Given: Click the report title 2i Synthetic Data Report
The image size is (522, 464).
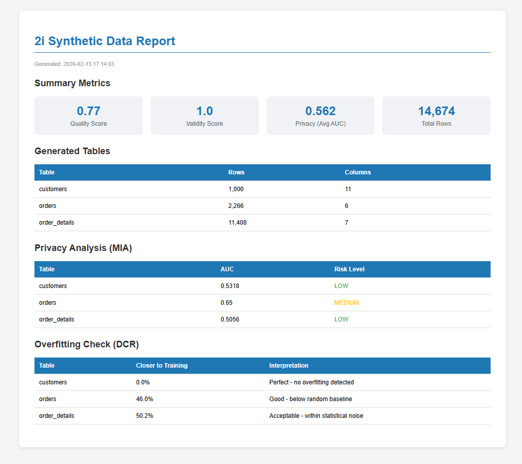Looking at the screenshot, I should (105, 41).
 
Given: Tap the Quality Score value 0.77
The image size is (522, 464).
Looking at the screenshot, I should (89, 111).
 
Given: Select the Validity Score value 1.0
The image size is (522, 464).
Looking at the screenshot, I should (204, 111).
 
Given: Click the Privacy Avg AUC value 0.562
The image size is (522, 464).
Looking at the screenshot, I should (320, 111).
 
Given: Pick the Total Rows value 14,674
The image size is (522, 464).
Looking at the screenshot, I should (436, 111).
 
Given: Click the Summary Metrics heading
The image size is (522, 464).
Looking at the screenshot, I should (72, 83).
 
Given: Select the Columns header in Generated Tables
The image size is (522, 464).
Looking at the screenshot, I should (358, 172).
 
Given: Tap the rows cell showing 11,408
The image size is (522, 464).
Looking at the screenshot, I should (238, 223).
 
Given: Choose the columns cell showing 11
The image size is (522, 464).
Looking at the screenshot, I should (348, 189).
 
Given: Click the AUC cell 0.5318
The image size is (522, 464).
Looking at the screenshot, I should (230, 286).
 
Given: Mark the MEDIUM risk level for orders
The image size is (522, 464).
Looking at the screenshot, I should (347, 303).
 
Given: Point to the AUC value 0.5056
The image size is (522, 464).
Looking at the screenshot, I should (230, 319).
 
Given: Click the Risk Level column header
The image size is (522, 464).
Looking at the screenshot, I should (349, 269).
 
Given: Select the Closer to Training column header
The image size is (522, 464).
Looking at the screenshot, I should (162, 366).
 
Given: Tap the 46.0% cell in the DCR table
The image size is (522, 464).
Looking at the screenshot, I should (144, 399).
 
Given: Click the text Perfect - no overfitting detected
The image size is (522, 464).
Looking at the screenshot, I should (312, 382).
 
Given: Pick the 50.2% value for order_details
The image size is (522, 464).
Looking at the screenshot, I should (144, 416).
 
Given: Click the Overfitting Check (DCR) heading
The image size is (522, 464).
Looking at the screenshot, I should (87, 344).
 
